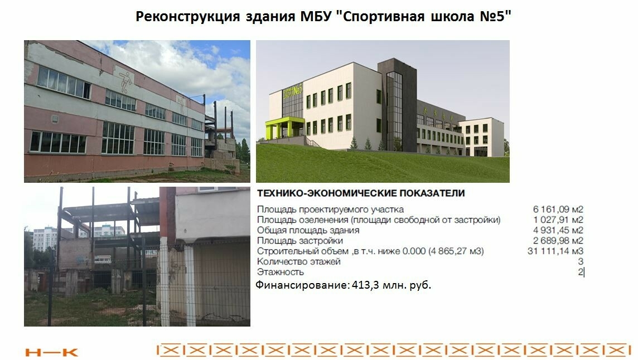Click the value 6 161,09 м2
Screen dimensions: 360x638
coord(558,210)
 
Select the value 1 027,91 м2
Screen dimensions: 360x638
coord(558,220)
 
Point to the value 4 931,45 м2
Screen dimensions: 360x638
coord(558,230)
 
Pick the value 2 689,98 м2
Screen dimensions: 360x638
coord(558,241)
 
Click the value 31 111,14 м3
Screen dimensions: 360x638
coord(555,251)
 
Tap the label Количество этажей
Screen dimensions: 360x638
coord(298,261)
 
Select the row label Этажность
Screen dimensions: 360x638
coord(280,272)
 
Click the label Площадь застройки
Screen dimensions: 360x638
coord(299,241)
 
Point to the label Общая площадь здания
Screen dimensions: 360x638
coord(308,230)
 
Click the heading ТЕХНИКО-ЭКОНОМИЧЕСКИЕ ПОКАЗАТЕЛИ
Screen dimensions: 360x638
coord(361,194)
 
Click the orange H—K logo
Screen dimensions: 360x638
coord(52,352)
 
